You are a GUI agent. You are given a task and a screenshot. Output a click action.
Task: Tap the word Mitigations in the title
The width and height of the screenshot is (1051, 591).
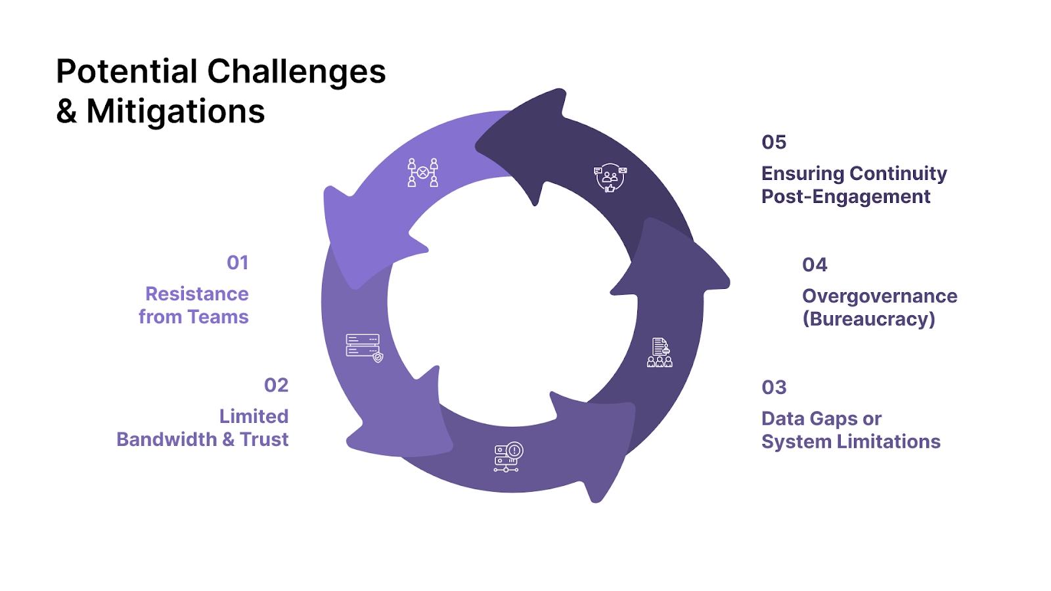pyautogui.click(x=175, y=112)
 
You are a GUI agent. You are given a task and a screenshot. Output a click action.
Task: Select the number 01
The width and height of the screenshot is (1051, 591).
pyautogui.click(x=237, y=263)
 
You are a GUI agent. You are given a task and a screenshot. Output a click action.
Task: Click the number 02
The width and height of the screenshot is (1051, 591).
pyautogui.click(x=276, y=385)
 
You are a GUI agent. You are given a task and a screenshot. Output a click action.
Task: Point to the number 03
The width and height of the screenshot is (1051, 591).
pyautogui.click(x=774, y=387)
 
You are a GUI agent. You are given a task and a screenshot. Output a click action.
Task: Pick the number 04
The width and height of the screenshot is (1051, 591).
pyautogui.click(x=815, y=265)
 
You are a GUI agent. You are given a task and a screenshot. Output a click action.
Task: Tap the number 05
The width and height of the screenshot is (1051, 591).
pyautogui.click(x=774, y=142)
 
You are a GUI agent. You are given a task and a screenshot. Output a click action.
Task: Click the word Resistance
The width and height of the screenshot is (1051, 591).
pyautogui.click(x=196, y=294)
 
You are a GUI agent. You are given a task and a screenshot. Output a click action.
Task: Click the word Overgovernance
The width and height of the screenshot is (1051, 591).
pyautogui.click(x=880, y=296)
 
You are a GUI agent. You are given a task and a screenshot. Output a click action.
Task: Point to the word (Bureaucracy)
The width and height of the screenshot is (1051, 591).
pyautogui.click(x=868, y=319)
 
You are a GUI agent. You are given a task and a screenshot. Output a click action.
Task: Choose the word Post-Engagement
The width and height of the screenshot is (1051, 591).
pyautogui.click(x=845, y=196)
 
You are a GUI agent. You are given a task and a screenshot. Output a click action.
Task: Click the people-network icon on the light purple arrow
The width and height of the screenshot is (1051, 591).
pyautogui.click(x=422, y=173)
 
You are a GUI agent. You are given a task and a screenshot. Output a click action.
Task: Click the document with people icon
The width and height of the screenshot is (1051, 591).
pyautogui.click(x=660, y=353)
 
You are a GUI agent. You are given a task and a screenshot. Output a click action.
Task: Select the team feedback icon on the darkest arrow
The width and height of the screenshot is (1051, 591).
pyautogui.click(x=610, y=178)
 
